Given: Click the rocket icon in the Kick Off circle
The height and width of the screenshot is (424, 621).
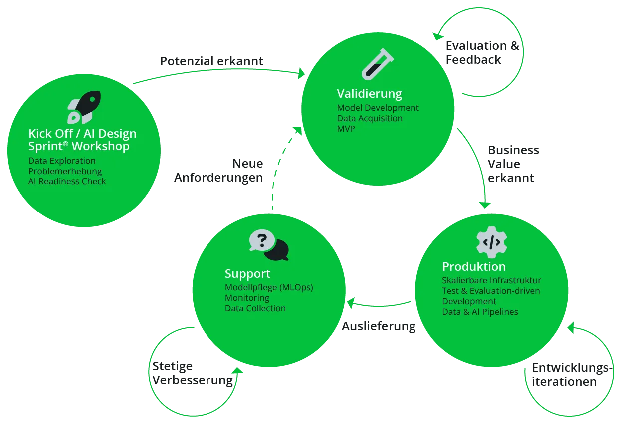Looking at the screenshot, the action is [x=84, y=107].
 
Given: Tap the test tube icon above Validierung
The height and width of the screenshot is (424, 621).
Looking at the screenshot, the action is [x=378, y=64].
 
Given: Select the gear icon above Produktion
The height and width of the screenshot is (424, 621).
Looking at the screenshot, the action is [x=491, y=242].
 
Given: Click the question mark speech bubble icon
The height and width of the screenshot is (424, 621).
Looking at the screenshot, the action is [x=269, y=245].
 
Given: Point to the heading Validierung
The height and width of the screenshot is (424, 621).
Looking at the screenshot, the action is [x=369, y=94].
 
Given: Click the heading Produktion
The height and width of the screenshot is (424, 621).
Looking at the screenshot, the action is [x=474, y=267].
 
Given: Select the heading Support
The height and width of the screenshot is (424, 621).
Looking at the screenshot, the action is [x=247, y=274].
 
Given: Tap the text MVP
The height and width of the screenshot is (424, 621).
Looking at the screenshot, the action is [x=346, y=129].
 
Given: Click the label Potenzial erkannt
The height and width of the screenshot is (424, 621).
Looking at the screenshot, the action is [x=211, y=61].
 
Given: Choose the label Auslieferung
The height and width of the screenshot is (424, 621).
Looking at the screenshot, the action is [x=379, y=326].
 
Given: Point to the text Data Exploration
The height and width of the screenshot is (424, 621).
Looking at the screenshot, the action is [x=62, y=161].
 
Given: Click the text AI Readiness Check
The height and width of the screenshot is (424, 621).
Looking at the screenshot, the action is [x=67, y=182].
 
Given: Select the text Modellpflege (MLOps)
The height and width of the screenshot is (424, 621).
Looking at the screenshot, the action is [x=269, y=287].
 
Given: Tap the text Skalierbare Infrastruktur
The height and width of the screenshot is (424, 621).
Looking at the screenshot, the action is [x=491, y=280].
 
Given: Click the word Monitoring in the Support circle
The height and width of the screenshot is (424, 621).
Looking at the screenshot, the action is [x=247, y=298].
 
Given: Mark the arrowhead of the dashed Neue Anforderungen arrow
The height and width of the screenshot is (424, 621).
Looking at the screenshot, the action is [x=298, y=130].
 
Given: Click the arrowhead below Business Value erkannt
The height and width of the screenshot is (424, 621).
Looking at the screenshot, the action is [x=485, y=205].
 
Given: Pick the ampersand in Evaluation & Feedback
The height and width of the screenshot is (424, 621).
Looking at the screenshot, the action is [x=515, y=46].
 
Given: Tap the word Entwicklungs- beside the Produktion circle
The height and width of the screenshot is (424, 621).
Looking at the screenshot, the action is [x=572, y=368].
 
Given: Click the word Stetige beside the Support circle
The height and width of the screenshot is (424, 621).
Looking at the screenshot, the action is [x=172, y=366].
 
